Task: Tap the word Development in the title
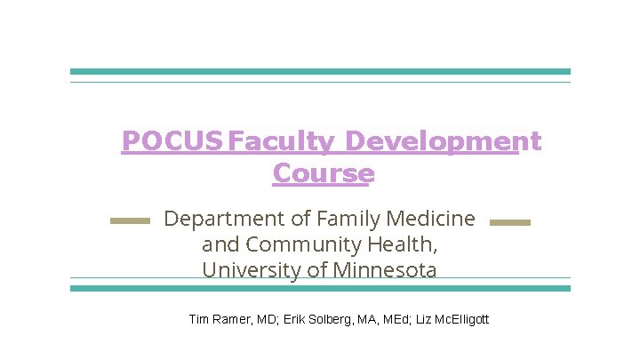click(443, 141)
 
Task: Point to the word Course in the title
click(324, 172)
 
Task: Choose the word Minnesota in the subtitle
click(384, 269)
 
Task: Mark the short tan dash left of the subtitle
click(130, 221)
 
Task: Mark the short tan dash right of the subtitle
click(510, 221)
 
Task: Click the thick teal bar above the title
click(320, 71)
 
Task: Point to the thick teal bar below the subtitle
click(320, 288)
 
